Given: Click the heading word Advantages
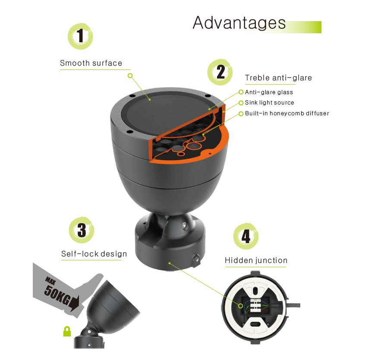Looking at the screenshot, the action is (x=239, y=23).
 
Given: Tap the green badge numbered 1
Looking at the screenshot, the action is (x=80, y=36).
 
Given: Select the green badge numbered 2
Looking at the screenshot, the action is (x=220, y=72).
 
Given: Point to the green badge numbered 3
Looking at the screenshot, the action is (x=82, y=230).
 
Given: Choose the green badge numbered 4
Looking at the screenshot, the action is (x=246, y=236).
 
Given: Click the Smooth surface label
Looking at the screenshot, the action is (x=91, y=63).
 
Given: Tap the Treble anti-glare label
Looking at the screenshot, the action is (x=278, y=78).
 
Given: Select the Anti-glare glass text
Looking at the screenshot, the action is (x=269, y=92).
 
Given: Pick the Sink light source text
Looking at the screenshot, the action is (x=269, y=102).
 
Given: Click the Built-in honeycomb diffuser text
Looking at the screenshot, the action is (x=287, y=113).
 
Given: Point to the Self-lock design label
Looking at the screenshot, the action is (x=94, y=254).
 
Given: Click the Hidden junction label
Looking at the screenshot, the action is (x=256, y=260).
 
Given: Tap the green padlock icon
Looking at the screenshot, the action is (x=67, y=331).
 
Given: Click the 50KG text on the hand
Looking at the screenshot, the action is (x=57, y=296).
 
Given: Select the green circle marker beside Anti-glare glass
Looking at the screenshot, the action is (x=241, y=92).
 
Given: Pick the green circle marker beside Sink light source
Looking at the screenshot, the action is (x=241, y=103).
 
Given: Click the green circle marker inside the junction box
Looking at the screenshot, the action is (x=241, y=306).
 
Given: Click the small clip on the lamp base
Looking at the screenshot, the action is (x=196, y=261).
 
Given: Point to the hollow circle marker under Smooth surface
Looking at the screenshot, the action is (x=130, y=76).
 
